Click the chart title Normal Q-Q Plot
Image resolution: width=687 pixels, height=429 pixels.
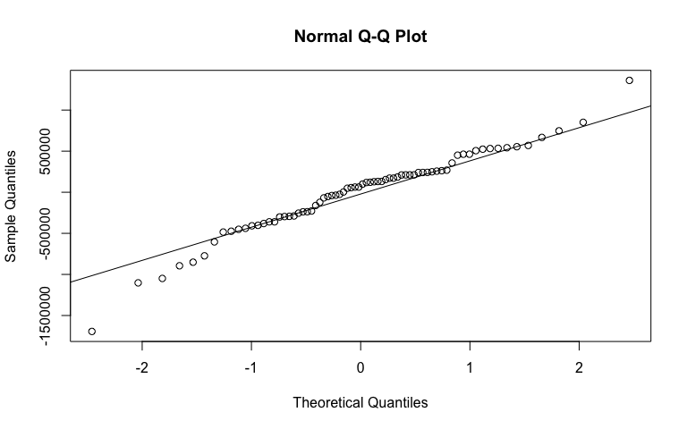point(360,38)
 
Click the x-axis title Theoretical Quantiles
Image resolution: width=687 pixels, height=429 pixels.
point(360,402)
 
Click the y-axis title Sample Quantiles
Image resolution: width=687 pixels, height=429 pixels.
point(12,206)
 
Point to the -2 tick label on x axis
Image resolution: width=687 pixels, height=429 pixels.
point(141,368)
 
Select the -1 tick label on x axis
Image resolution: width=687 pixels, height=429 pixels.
point(251,368)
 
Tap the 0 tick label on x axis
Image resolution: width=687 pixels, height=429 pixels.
point(360,368)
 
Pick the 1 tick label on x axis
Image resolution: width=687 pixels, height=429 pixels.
point(470,368)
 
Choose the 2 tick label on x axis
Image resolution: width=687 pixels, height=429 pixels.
point(580,368)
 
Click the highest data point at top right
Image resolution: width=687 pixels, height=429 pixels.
point(630,80)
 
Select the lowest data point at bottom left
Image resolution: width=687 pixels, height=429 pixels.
point(92,332)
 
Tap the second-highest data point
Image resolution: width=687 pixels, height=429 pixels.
point(583,122)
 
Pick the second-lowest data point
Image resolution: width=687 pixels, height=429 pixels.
point(138,283)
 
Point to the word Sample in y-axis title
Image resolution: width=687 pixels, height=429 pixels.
point(12,239)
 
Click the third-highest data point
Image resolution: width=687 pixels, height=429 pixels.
point(559,131)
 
